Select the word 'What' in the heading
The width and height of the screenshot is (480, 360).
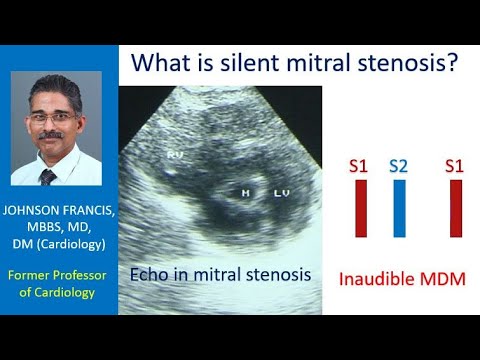(x=163, y=65)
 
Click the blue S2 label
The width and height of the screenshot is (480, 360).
(x=398, y=166)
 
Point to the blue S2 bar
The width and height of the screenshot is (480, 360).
(x=398, y=210)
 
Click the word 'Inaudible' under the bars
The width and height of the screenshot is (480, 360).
(x=372, y=278)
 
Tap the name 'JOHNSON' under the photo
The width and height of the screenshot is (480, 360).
(x=31, y=211)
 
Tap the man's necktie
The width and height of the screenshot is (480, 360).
(x=47, y=177)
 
